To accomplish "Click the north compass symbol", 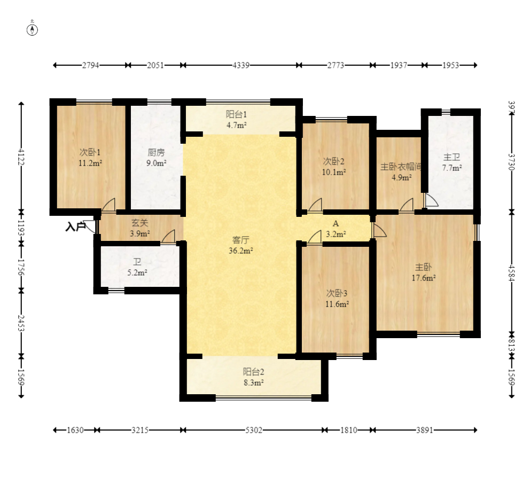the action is pyautogui.click(x=33, y=30).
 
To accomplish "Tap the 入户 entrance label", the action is pyautogui.click(x=75, y=226).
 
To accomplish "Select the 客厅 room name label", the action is pyautogui.click(x=240, y=240).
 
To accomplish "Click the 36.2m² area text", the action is pyautogui.click(x=240, y=251).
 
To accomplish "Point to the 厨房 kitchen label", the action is pyautogui.click(x=156, y=152).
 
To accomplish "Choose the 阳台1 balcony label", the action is pyautogui.click(x=236, y=114).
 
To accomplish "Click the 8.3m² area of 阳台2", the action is pyautogui.click(x=253, y=382).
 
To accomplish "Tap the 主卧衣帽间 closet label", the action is pyautogui.click(x=401, y=167).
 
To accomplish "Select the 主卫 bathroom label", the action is pyautogui.click(x=451, y=157).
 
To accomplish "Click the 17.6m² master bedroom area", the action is pyautogui.click(x=424, y=278).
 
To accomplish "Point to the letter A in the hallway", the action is pyautogui.click(x=336, y=223).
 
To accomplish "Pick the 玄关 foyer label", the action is pyautogui.click(x=139, y=223).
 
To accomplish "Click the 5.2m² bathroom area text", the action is pyautogui.click(x=137, y=272).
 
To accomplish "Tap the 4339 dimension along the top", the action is pyautogui.click(x=241, y=65).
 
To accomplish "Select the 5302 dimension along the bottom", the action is pyautogui.click(x=253, y=430).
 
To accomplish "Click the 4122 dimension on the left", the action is pyautogui.click(x=21, y=157).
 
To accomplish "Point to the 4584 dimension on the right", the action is pyautogui.click(x=511, y=273).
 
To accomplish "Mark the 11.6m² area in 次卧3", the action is pyautogui.click(x=337, y=304).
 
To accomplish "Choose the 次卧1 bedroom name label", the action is pyautogui.click(x=90, y=152).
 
